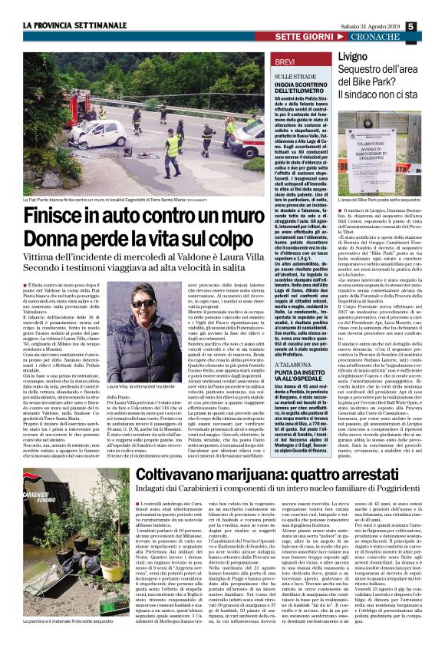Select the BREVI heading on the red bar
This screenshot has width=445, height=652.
285,61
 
